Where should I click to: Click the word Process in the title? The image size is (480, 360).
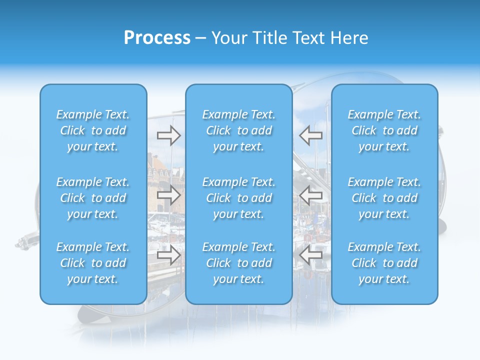pyautogui.click(x=157, y=38)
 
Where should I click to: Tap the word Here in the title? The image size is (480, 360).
pyautogui.click(x=349, y=38)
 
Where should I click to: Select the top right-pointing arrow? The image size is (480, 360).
pyautogui.click(x=169, y=134)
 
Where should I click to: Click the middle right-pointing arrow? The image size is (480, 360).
pyautogui.click(x=169, y=194)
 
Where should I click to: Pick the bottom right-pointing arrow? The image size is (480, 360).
pyautogui.click(x=169, y=255)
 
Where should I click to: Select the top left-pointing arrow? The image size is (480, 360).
pyautogui.click(x=311, y=134)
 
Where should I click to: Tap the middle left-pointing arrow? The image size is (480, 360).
pyautogui.click(x=311, y=194)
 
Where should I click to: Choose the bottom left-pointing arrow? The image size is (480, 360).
pyautogui.click(x=311, y=255)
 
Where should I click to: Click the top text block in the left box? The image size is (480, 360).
pyautogui.click(x=93, y=130)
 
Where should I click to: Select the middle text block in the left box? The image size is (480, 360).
pyautogui.click(x=93, y=198)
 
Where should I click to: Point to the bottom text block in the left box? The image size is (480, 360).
pyautogui.click(x=93, y=263)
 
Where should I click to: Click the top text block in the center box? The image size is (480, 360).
pyautogui.click(x=239, y=130)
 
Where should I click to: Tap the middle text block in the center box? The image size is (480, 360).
pyautogui.click(x=239, y=198)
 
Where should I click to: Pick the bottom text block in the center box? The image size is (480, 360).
pyautogui.click(x=239, y=263)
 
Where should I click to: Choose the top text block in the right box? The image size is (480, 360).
pyautogui.click(x=384, y=130)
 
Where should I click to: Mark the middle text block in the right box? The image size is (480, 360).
pyautogui.click(x=384, y=198)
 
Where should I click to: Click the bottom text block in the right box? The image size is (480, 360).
pyautogui.click(x=384, y=263)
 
